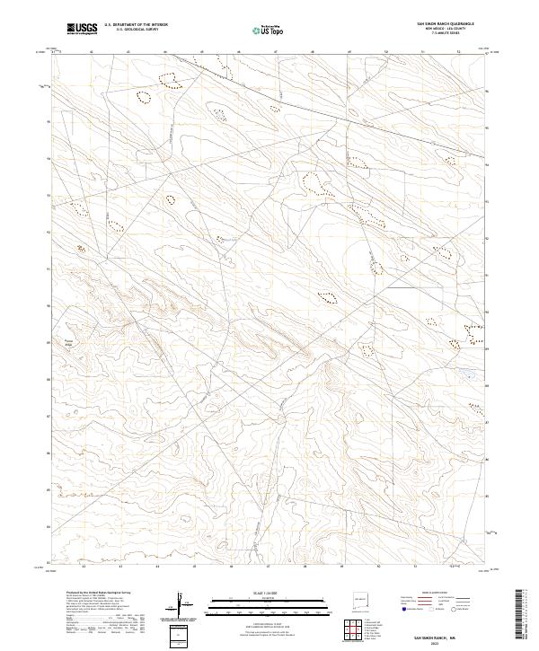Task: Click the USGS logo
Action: pyautogui.click(x=82, y=29)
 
